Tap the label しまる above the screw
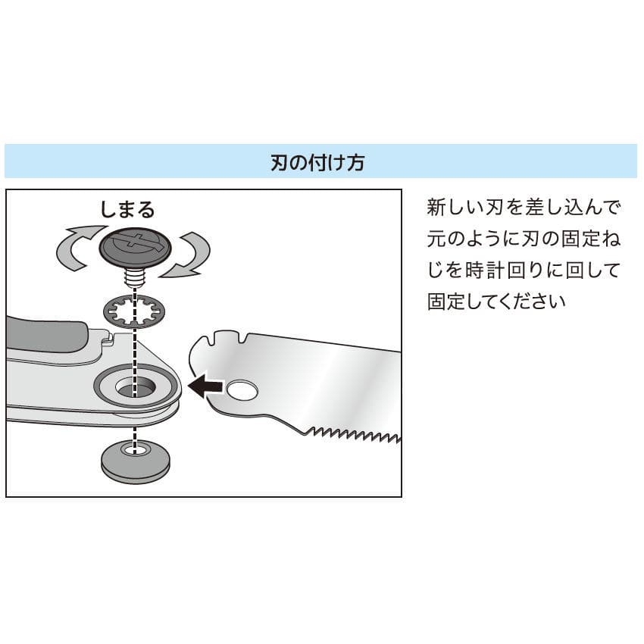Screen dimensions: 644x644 (x=128, y=208)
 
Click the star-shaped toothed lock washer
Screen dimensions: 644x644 (x=133, y=311)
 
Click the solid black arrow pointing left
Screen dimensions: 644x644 (x=205, y=387)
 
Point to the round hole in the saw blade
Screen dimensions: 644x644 (x=242, y=391)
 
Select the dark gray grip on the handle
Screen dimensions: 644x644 (x=45, y=334)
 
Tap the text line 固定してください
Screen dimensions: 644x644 (x=496, y=302)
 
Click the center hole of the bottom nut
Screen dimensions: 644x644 (x=136, y=450)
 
